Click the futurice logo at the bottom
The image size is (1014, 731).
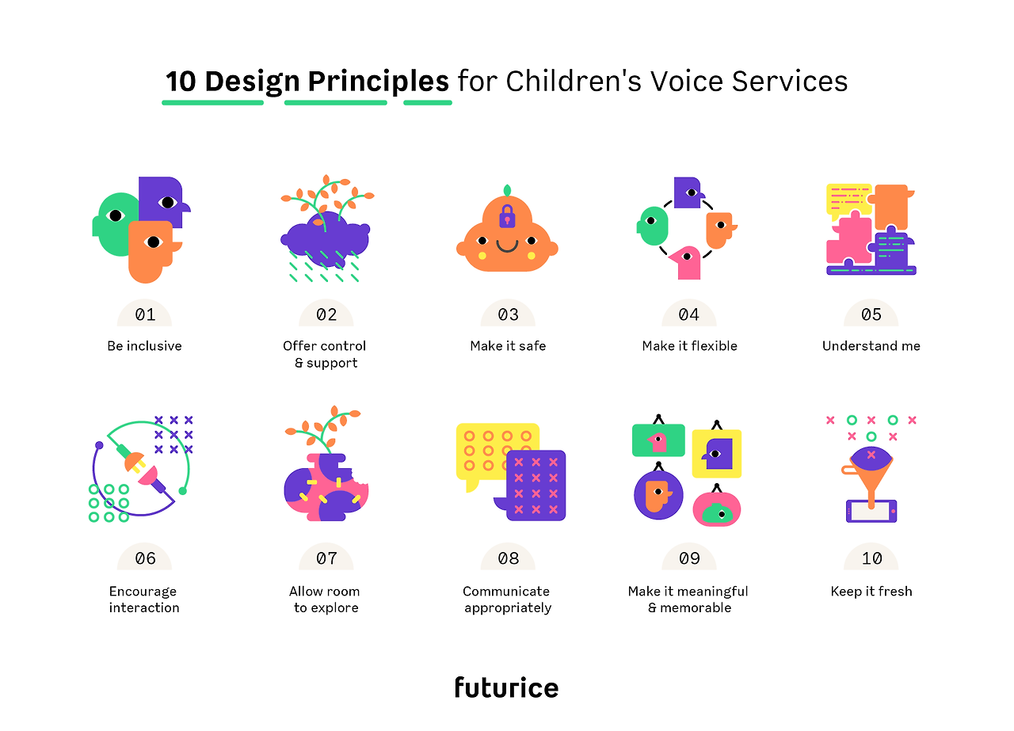506,687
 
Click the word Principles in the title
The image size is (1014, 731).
379,82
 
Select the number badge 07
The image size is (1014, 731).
326,558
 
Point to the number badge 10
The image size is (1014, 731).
871,558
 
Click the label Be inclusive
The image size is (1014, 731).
144,346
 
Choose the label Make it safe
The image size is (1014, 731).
508,346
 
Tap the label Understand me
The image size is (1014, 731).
871,346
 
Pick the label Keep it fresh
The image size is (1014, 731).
871,591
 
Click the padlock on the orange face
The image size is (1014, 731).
507,216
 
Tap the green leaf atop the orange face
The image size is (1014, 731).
508,190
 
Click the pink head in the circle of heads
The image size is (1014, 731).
685,262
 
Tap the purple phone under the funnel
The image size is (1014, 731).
871,511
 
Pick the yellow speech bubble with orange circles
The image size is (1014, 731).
489,453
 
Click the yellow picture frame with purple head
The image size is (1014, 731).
717,454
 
